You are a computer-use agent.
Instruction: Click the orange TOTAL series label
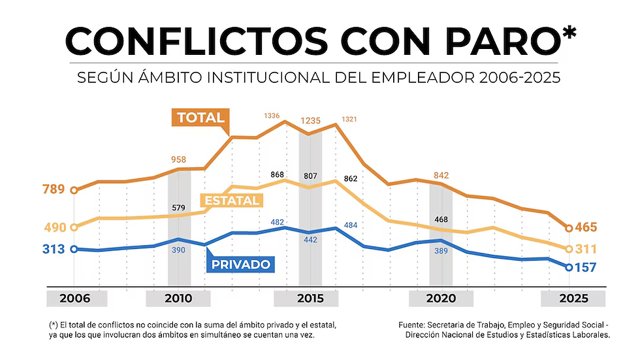click(x=200, y=118)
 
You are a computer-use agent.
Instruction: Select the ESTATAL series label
click(x=232, y=201)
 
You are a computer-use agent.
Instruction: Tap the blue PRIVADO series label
click(x=240, y=265)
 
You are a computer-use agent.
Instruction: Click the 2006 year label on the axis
click(x=77, y=299)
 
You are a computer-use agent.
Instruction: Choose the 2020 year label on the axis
click(x=441, y=299)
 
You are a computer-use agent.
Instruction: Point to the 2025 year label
click(x=573, y=299)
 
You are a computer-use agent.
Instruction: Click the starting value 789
click(x=54, y=190)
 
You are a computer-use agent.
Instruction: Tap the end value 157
click(x=586, y=267)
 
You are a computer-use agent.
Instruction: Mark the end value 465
click(x=586, y=228)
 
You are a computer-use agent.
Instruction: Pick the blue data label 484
click(x=350, y=225)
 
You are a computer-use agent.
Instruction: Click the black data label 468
click(x=441, y=219)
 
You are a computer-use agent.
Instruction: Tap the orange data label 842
click(x=441, y=174)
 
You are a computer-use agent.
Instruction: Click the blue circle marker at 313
click(x=74, y=249)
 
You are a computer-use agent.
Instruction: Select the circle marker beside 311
click(x=569, y=249)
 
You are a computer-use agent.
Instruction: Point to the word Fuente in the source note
click(x=413, y=325)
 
